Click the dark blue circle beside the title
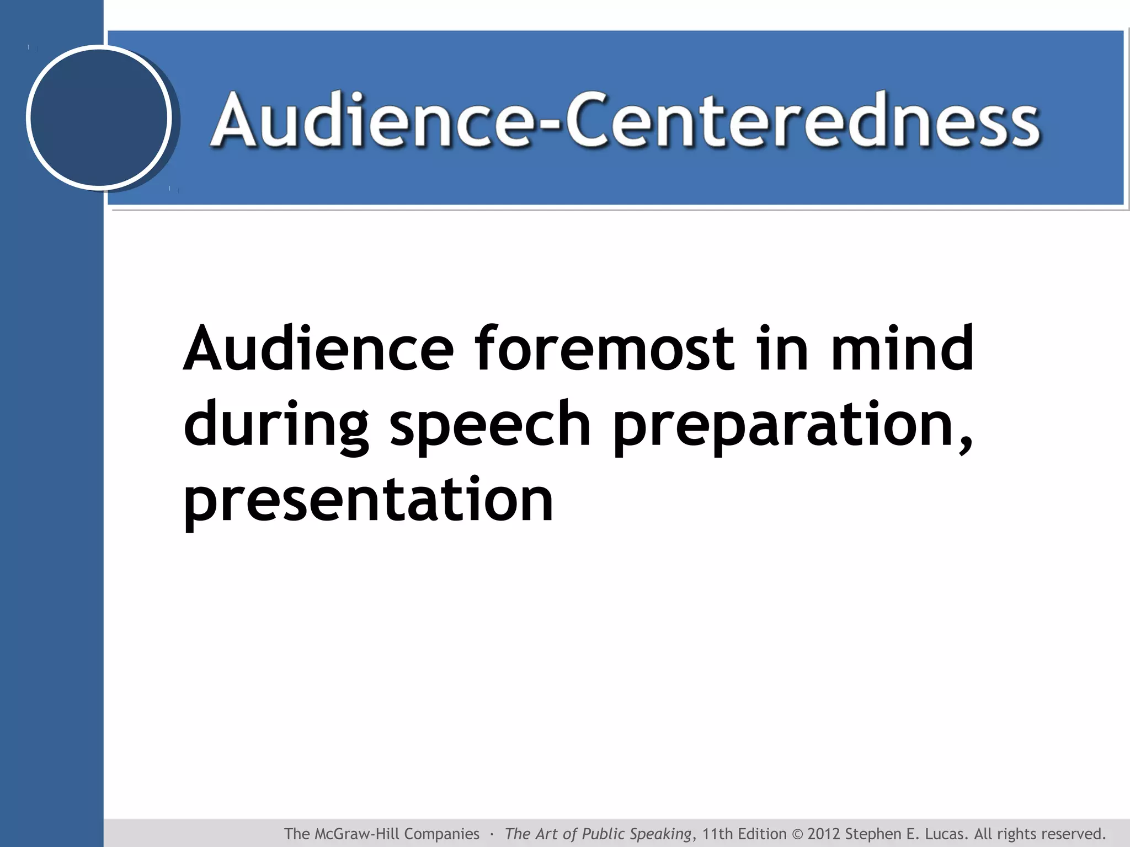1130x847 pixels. (99, 117)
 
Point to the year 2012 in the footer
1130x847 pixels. (824, 834)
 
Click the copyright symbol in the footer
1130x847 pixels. (796, 834)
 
